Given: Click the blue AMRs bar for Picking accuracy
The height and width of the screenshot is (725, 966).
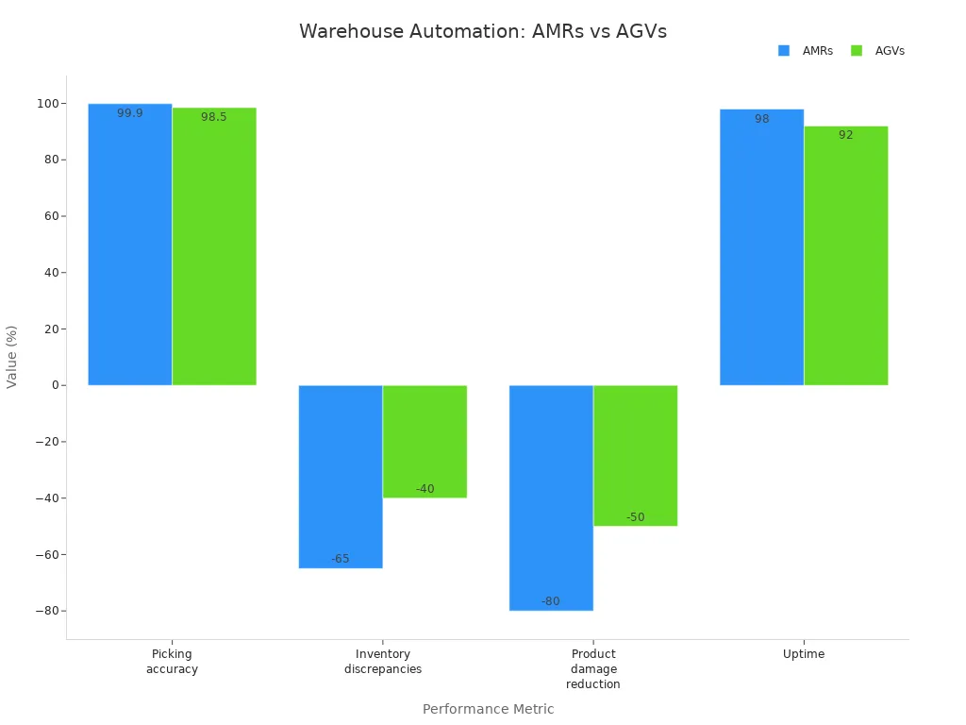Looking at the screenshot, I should pos(130,245).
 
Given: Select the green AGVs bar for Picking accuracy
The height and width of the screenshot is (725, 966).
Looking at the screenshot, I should pos(214,247).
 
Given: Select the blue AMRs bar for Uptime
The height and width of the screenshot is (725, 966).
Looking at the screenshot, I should pos(761,247).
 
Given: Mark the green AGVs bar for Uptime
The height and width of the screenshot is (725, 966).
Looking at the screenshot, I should pos(845,255).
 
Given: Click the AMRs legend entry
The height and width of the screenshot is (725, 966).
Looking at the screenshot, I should pos(807,51).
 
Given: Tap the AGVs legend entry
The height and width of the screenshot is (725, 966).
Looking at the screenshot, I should pos(878,51).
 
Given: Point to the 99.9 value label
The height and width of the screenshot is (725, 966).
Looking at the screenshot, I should pos(130,113).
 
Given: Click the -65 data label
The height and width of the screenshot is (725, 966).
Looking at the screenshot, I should pos(341,559).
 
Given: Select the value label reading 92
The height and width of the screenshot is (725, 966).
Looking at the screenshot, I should pos(845,135).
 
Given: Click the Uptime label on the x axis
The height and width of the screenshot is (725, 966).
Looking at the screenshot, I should pos(804,654).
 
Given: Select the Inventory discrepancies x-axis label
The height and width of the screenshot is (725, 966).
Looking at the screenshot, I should pos(383,662).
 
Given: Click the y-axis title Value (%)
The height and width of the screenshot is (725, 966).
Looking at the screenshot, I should pos(12,357).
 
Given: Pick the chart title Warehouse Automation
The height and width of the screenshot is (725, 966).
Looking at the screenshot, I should pos(482,31).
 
